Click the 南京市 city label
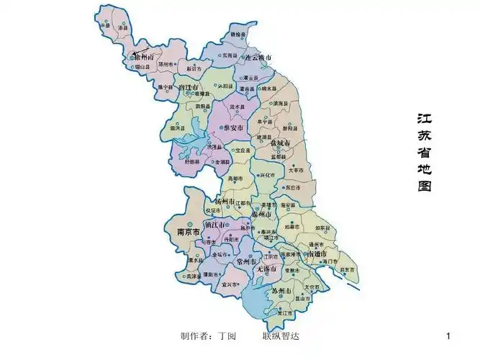(x=189, y=233)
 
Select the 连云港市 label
(x=257, y=57)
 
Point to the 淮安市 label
(x=235, y=127)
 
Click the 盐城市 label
(x=280, y=144)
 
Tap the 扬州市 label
(x=227, y=202)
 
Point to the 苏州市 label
(x=281, y=291)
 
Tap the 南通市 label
(x=318, y=255)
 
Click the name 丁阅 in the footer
(x=227, y=336)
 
